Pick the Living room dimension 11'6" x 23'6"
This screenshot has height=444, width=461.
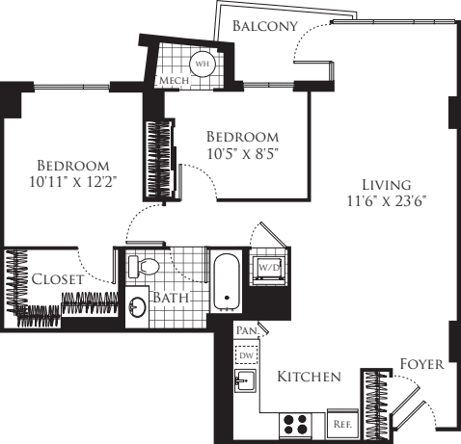pyautogui.click(x=386, y=200)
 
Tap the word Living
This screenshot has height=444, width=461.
pyautogui.click(x=386, y=184)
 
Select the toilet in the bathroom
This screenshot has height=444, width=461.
pyautogui.click(x=148, y=267)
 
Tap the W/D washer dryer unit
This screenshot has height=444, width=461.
pyautogui.click(x=267, y=267)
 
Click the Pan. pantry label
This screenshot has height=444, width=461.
pyautogui.click(x=244, y=330)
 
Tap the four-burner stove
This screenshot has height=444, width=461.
pyautogui.click(x=294, y=423)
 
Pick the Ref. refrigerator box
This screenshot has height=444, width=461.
pyautogui.click(x=340, y=422)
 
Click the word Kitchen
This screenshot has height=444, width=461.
pyautogui.click(x=309, y=377)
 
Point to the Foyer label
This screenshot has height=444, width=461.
pyautogui.click(x=421, y=364)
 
